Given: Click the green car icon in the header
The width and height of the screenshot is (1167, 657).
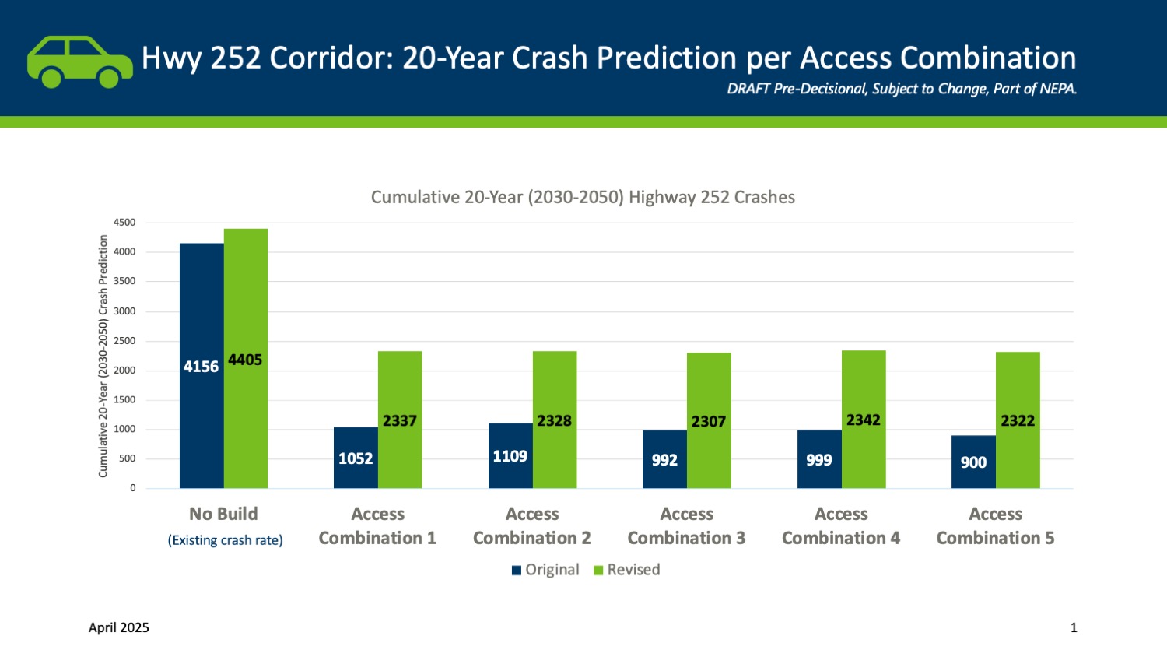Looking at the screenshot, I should click(79, 61).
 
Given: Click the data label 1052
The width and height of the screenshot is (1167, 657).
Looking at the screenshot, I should click(356, 458).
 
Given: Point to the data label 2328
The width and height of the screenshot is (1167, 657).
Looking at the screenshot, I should click(554, 420).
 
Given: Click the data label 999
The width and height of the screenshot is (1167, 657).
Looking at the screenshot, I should click(818, 460).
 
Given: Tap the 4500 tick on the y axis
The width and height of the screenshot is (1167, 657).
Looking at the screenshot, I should click(124, 223).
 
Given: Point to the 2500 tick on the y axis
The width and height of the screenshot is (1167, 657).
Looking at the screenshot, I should click(124, 341).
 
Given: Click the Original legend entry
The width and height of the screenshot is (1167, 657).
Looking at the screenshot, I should click(545, 570).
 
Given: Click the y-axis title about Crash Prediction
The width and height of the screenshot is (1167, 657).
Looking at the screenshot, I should click(103, 356).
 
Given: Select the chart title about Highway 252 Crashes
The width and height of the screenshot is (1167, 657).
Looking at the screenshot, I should click(583, 197).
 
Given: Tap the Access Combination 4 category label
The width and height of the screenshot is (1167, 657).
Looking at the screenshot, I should click(841, 526).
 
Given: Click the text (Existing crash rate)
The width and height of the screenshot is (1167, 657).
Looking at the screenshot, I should click(226, 540).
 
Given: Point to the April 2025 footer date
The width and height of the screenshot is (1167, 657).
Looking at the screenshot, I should click(119, 627).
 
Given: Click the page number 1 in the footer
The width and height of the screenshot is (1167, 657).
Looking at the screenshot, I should click(1074, 627).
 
